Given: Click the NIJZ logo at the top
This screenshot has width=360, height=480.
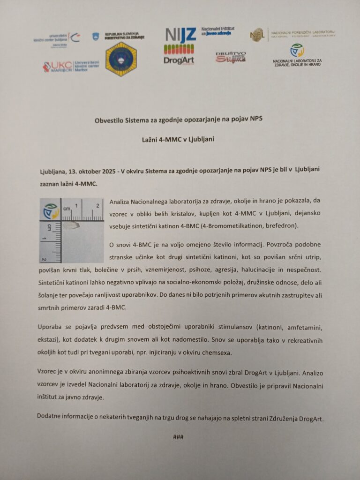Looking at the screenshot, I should coord(180,34).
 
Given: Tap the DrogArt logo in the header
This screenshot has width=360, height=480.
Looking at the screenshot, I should coord(179,55).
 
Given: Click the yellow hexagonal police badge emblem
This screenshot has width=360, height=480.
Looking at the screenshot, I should coord(121,59).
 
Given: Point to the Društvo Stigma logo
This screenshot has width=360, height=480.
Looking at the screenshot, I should coord(231,57).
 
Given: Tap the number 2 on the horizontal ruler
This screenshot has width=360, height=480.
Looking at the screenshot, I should coord(97,206).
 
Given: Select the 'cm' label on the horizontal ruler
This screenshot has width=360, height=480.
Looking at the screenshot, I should coord(67,208).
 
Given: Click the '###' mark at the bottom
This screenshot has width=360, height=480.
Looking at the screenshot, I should coord(178,437).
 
